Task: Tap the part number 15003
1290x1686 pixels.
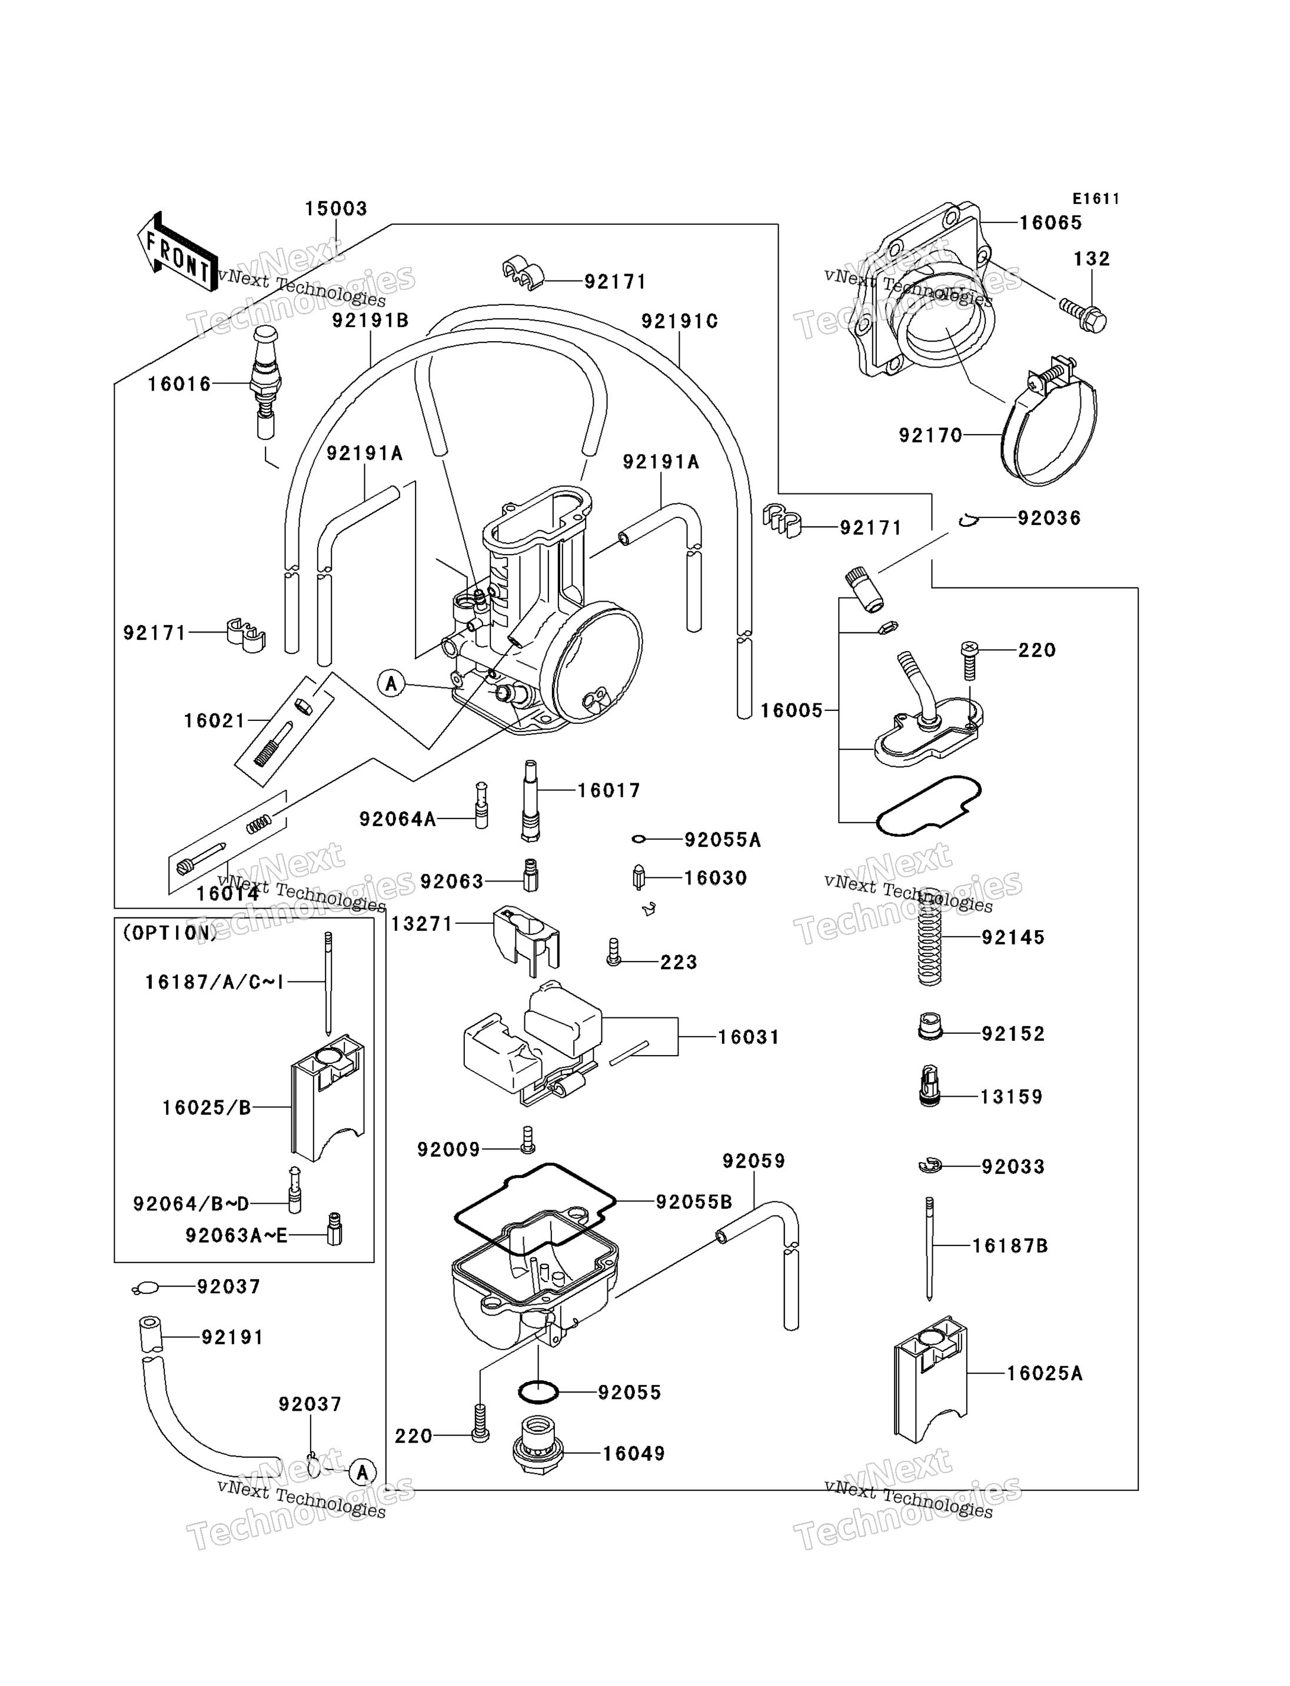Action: click(x=336, y=209)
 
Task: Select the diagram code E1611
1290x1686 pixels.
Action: click(x=1096, y=199)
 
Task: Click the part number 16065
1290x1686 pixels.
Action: click(x=1050, y=222)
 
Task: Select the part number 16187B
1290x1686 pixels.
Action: click(x=1010, y=1246)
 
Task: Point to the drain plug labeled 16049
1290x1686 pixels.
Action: click(x=537, y=1445)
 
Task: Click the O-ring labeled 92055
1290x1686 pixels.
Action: click(x=537, y=1391)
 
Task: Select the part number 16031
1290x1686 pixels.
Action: click(x=749, y=1037)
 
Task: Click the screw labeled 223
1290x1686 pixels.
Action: click(x=613, y=951)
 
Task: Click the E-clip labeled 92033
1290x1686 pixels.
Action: click(x=930, y=1167)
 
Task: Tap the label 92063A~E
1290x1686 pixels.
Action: click(x=237, y=1236)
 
